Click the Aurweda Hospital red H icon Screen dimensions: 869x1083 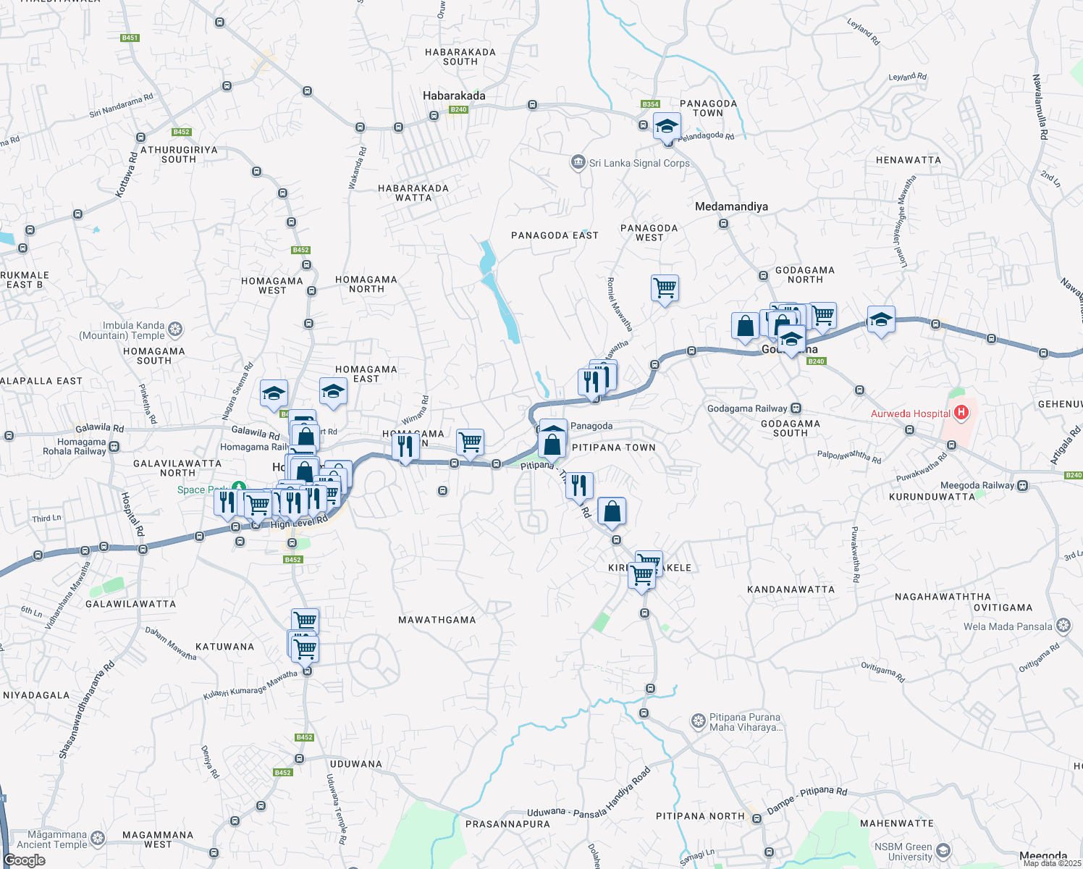click(x=961, y=413)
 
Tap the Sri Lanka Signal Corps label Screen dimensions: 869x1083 click(x=639, y=163)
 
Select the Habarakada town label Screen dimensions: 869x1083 click(x=454, y=96)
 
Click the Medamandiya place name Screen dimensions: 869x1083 click(x=731, y=206)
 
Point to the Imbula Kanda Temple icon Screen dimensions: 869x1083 click(x=175, y=330)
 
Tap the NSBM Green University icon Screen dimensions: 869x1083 click(x=943, y=851)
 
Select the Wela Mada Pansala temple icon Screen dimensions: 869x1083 click(x=1063, y=626)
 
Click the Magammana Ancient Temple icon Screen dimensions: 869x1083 click(x=98, y=839)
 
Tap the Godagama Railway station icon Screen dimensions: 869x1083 click(x=796, y=408)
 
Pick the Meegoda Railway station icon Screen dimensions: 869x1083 click(x=1022, y=485)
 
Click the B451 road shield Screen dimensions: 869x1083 click(x=130, y=38)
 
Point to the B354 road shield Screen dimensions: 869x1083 click(x=651, y=104)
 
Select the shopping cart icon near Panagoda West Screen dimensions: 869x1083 click(x=665, y=288)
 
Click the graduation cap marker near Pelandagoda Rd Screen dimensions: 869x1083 click(x=667, y=127)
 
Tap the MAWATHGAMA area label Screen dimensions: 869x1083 click(x=437, y=620)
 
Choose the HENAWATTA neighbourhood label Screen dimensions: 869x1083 click(x=908, y=160)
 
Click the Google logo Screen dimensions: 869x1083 click(x=25, y=860)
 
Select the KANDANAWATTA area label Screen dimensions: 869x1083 click(x=791, y=589)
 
